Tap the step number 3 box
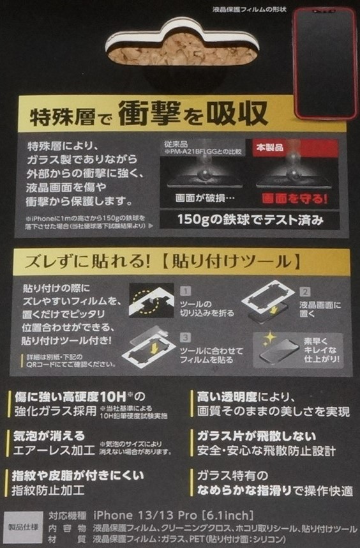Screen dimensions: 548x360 coord(186,337)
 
